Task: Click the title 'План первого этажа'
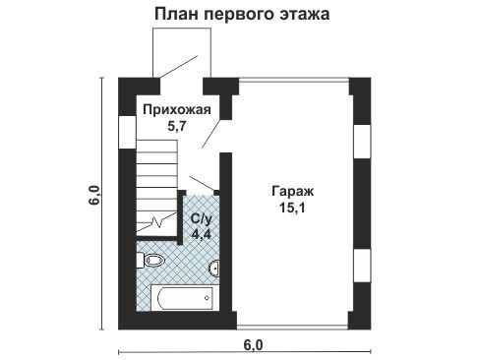(x=240, y=15)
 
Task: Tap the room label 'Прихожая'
(x=174, y=110)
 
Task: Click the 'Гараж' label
(x=292, y=192)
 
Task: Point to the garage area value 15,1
(x=292, y=208)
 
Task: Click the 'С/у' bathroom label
(x=201, y=217)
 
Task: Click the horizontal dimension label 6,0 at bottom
(x=253, y=343)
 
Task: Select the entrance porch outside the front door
(x=182, y=54)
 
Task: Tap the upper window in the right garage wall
(x=361, y=139)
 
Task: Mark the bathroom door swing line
(x=200, y=184)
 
